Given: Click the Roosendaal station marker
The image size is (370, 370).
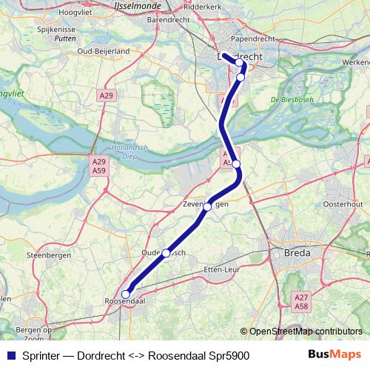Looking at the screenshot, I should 125,295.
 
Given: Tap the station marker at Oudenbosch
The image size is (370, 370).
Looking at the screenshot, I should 166,253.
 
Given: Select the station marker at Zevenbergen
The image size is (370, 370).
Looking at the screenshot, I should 208,206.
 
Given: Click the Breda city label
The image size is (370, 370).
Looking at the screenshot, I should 297,253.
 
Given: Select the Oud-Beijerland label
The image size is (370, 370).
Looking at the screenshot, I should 105,50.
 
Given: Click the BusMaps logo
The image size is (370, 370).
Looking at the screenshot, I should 334,355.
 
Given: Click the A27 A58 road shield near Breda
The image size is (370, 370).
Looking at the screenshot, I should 301,302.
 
